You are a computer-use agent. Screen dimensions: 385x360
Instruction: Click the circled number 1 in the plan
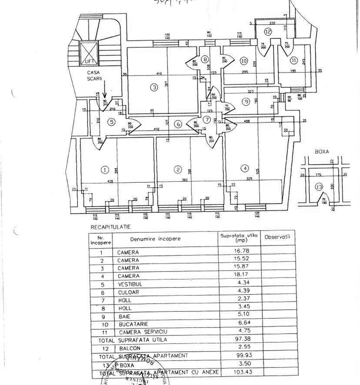point(104,170)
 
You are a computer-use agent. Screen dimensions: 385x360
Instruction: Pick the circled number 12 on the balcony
point(268,31)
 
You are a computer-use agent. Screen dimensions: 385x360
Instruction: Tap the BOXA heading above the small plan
point(321,151)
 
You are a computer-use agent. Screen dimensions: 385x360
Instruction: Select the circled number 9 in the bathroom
point(245,101)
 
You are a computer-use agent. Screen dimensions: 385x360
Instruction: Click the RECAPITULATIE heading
point(110,227)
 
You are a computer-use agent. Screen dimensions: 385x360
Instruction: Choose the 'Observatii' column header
point(277,237)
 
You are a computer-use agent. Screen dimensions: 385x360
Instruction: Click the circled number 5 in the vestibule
point(112,122)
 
